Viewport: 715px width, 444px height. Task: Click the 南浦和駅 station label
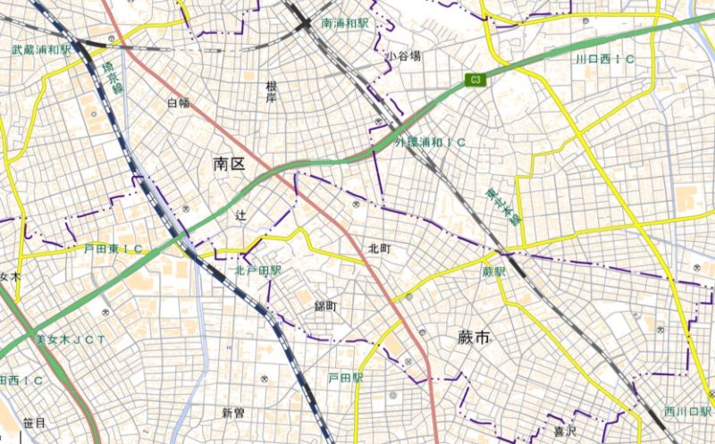345,21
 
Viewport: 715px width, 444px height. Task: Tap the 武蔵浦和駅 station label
41,50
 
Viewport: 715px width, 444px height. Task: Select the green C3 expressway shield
476,80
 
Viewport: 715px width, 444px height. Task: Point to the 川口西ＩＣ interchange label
604,59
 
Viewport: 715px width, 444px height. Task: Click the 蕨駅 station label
493,271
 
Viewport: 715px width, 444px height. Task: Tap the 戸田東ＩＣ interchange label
114,248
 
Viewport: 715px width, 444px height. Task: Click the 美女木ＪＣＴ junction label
71,339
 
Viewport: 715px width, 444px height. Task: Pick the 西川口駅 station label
686,412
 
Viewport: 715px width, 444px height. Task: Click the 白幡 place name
179,103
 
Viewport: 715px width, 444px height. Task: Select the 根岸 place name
271,92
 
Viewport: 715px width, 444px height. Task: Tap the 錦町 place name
324,306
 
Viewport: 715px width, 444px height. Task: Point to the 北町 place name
380,247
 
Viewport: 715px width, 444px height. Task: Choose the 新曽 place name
232,413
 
